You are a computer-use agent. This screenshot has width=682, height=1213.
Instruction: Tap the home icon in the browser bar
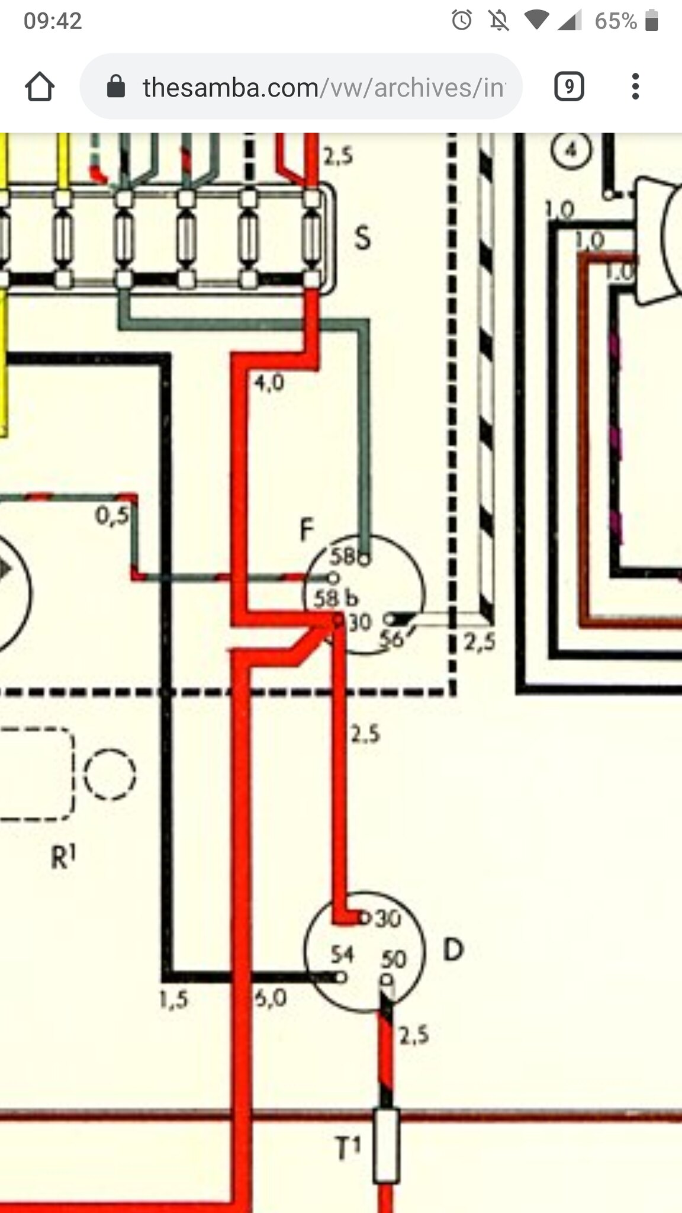(40, 88)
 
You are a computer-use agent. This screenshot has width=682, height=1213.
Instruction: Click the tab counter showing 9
(569, 87)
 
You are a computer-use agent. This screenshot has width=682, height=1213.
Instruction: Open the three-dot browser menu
(635, 87)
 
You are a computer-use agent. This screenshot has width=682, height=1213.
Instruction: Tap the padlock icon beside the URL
(116, 87)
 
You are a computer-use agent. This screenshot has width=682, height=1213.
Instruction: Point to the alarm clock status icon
(462, 21)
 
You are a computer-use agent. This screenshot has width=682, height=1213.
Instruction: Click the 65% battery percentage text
(616, 21)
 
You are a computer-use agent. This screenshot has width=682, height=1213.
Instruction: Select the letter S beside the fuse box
(362, 238)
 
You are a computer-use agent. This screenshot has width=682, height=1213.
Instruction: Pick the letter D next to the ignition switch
(453, 950)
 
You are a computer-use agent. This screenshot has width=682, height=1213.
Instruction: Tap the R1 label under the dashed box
(63, 856)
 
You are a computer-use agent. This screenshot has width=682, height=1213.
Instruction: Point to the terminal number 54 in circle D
(342, 954)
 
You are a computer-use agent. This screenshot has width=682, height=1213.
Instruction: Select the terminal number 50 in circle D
(394, 959)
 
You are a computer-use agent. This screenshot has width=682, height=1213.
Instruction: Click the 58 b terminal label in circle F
(335, 598)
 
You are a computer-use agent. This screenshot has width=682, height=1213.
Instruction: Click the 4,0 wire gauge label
(269, 383)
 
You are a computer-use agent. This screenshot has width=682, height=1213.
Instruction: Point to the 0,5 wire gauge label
(112, 515)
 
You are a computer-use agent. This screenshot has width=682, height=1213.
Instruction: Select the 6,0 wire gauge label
(271, 999)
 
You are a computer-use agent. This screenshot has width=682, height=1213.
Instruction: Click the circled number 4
(571, 150)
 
